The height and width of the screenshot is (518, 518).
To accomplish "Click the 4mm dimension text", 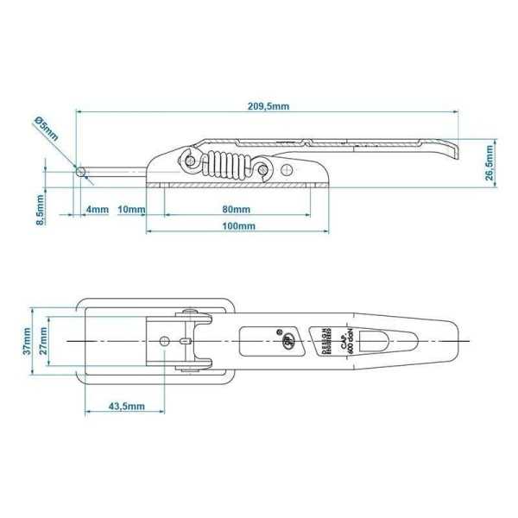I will pos(97,210).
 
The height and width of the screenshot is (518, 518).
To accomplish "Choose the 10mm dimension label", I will pos(130,210).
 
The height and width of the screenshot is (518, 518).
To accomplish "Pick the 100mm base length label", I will pos(237,226).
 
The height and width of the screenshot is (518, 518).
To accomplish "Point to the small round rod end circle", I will pos(81,172).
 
